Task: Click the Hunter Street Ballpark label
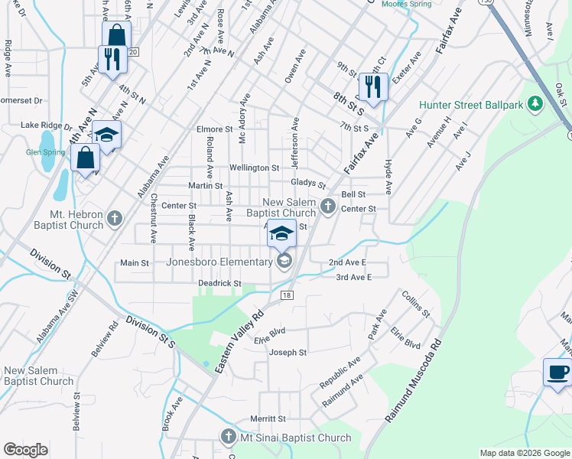coord(471,105)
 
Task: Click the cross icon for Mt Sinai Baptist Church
coord(228,437)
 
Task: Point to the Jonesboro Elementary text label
coord(219,262)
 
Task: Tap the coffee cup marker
coord(557,373)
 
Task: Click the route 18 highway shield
coord(287,295)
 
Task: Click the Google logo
coord(25,450)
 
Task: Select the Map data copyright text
coord(525,453)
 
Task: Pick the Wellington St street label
coord(255,168)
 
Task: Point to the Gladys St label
coord(308,184)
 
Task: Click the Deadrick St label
coord(220,283)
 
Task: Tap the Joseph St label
coord(288,353)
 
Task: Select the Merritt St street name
coord(268,419)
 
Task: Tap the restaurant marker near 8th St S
coord(372,86)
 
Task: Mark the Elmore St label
coord(214,130)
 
